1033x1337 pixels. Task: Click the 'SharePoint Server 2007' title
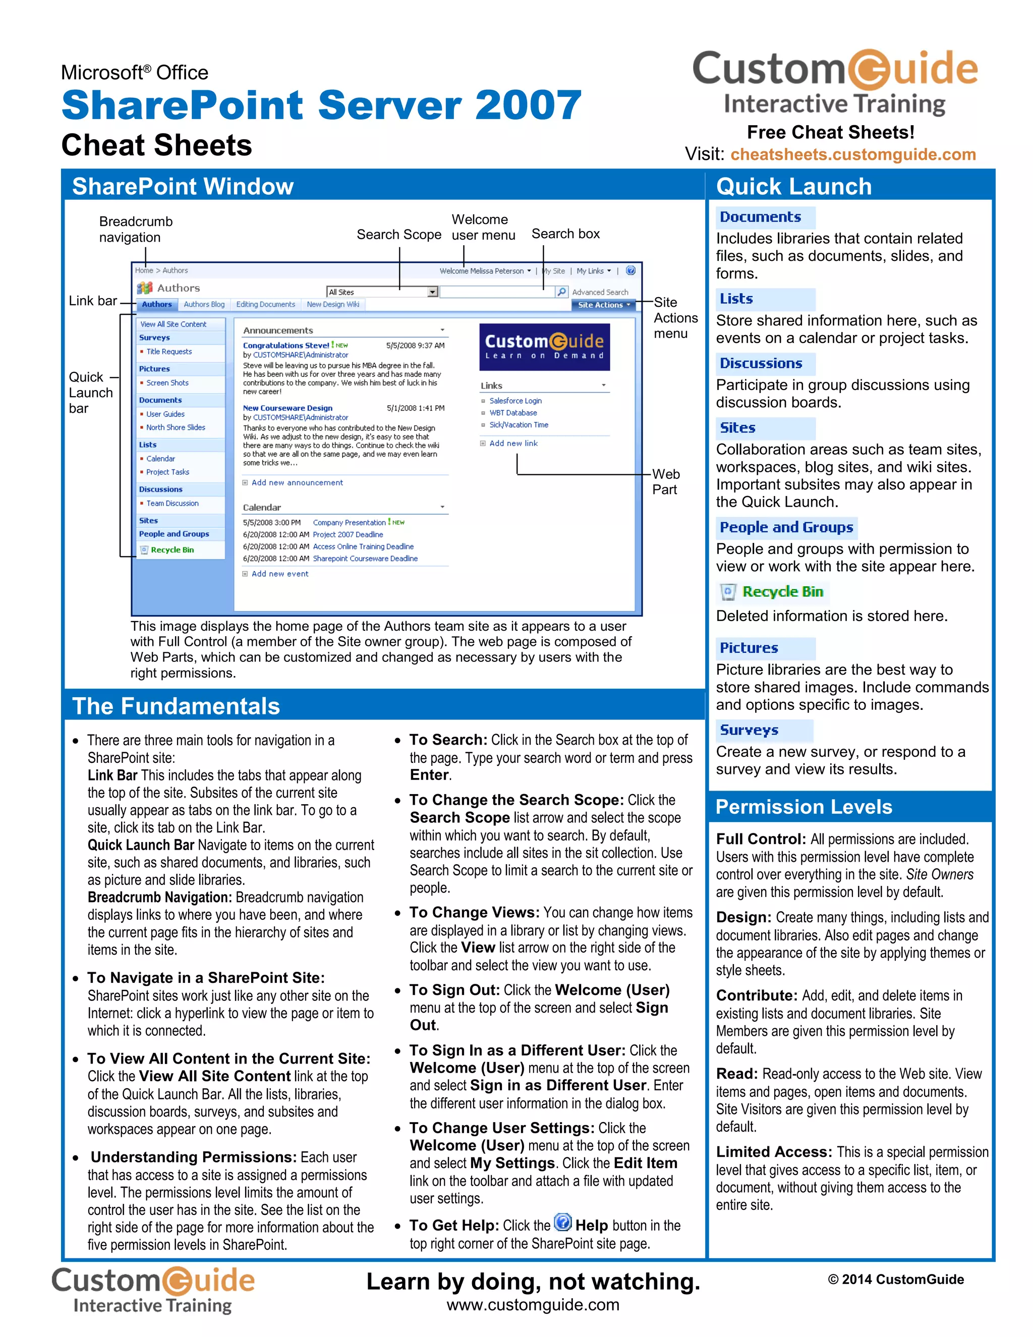tap(321, 105)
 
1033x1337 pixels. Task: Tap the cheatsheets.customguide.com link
tap(852, 154)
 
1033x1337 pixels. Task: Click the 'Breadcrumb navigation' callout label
tap(136, 230)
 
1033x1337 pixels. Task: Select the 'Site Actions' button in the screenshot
tap(603, 305)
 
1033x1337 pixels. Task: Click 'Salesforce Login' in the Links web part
tap(515, 401)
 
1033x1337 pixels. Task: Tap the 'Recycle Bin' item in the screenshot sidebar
tap(172, 550)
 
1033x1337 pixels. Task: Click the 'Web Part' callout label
tap(665, 482)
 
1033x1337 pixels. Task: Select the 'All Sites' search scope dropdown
tap(382, 293)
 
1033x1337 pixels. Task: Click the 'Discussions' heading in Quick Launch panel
tap(761, 364)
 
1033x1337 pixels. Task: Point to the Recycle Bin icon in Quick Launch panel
tap(728, 592)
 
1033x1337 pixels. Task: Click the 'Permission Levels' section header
tap(804, 807)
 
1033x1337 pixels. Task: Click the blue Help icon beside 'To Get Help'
tap(562, 1222)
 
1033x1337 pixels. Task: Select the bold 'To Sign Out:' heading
tap(454, 990)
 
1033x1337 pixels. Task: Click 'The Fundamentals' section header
tap(176, 706)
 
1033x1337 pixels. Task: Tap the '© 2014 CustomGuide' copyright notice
tap(895, 1279)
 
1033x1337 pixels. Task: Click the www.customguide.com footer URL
tap(533, 1305)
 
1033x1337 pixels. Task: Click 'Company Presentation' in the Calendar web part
tap(349, 523)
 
